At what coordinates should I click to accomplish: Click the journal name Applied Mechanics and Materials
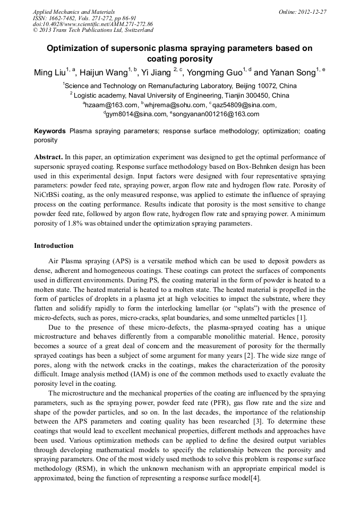(x=74, y=12)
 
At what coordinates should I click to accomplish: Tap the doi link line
(x=93, y=24)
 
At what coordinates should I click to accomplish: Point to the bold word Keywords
(x=50, y=131)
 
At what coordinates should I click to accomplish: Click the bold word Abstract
(x=48, y=158)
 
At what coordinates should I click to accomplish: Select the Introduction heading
(x=54, y=246)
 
